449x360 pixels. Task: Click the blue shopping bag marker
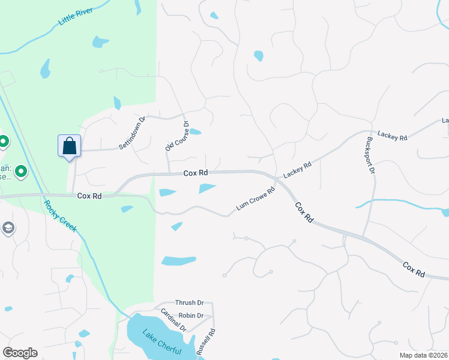(x=69, y=146)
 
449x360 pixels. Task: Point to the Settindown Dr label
(x=132, y=132)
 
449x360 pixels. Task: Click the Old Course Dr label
(x=176, y=136)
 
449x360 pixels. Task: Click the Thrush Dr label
(x=189, y=303)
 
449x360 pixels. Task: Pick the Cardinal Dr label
(x=173, y=320)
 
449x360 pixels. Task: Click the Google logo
(x=20, y=353)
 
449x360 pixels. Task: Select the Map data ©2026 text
(x=423, y=355)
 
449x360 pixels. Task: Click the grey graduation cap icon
(x=8, y=228)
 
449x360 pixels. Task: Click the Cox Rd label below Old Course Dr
(x=195, y=173)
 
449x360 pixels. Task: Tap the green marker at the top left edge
(x=3, y=142)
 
